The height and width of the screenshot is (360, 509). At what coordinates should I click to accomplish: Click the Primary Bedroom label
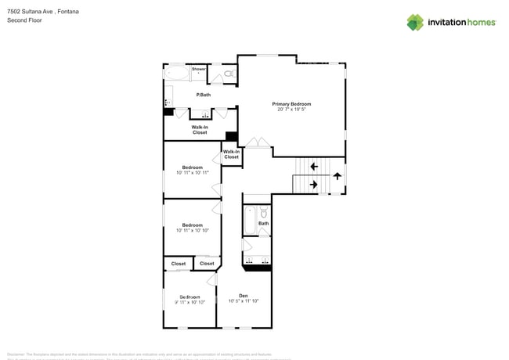(291, 104)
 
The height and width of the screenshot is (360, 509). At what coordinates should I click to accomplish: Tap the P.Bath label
(203, 95)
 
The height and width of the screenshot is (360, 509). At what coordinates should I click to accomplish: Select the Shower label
(199, 69)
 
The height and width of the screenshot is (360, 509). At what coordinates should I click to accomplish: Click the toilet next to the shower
(228, 74)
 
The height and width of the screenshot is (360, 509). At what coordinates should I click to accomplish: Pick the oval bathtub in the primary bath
(177, 74)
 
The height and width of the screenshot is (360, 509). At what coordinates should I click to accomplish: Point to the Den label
(243, 296)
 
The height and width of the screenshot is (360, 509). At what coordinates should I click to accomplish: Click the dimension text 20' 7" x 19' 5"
(291, 110)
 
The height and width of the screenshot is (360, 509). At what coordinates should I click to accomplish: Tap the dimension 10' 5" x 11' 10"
(243, 301)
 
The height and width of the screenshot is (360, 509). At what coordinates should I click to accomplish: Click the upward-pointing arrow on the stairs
(337, 175)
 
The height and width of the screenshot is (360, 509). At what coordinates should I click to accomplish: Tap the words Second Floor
(23, 20)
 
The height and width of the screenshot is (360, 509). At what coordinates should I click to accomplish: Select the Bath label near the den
(264, 224)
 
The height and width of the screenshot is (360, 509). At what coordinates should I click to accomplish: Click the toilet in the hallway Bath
(264, 213)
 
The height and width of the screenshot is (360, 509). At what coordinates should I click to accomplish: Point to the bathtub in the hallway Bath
(249, 221)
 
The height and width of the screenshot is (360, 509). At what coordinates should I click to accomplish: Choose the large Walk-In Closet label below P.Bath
(200, 130)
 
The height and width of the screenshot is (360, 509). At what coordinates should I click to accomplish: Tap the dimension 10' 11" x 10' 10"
(193, 230)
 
